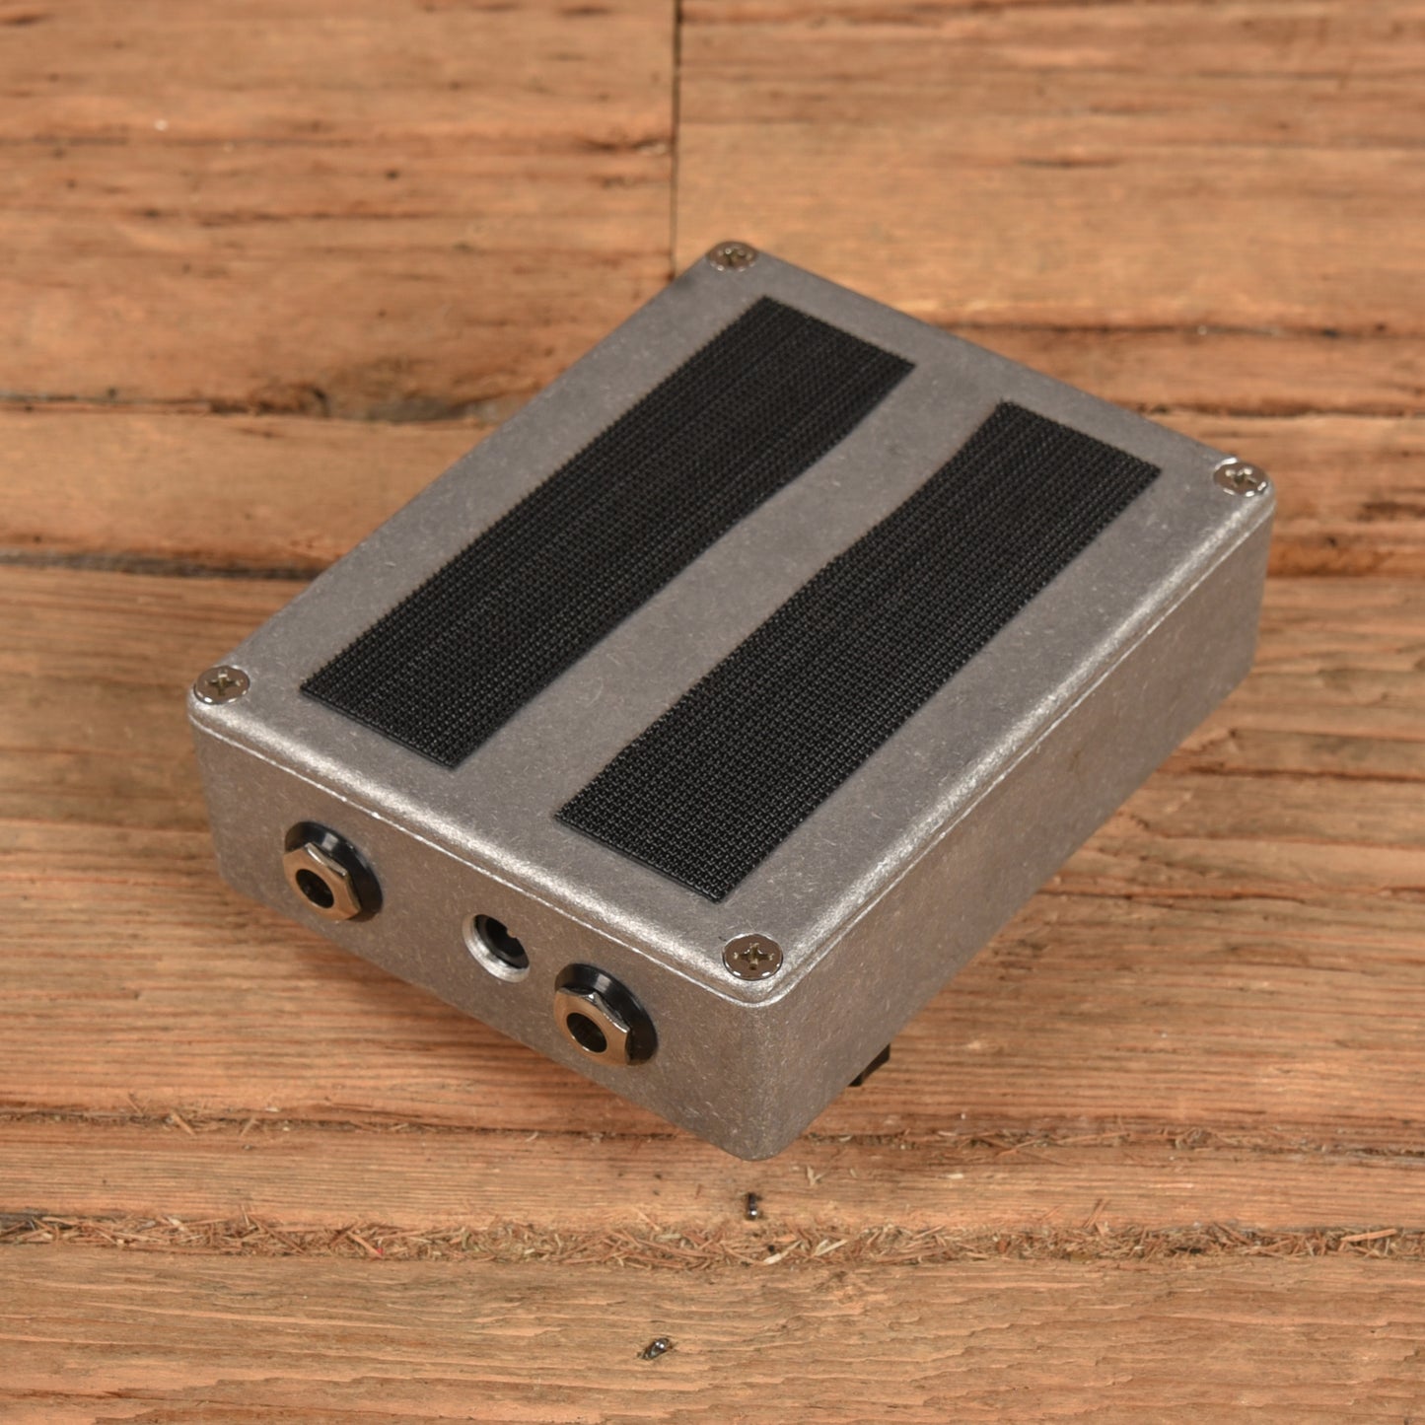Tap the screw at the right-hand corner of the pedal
1241,479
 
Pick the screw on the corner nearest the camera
752,954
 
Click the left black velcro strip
606,533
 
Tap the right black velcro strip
858,651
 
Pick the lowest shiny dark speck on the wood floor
655,1348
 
